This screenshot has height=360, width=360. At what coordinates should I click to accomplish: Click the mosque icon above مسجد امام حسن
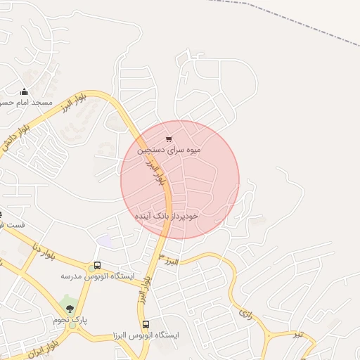(25, 91)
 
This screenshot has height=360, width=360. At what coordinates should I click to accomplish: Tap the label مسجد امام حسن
(25, 103)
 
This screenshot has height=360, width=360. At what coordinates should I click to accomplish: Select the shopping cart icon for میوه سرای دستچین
(168, 138)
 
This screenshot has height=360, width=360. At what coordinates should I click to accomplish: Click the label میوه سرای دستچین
(169, 149)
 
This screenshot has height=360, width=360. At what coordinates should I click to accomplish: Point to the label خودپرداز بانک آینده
(167, 217)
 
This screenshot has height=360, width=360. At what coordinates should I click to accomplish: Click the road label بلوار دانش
(18, 134)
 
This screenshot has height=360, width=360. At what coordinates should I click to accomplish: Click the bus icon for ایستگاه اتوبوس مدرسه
(97, 266)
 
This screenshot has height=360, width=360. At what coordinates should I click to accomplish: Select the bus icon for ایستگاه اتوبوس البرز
(146, 324)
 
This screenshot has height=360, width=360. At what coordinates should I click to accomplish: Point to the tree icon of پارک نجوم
(70, 308)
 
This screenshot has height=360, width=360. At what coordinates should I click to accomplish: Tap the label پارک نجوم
(70, 320)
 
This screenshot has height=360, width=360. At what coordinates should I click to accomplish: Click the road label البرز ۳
(169, 261)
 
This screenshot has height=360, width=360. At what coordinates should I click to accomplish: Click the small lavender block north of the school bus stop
(105, 240)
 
